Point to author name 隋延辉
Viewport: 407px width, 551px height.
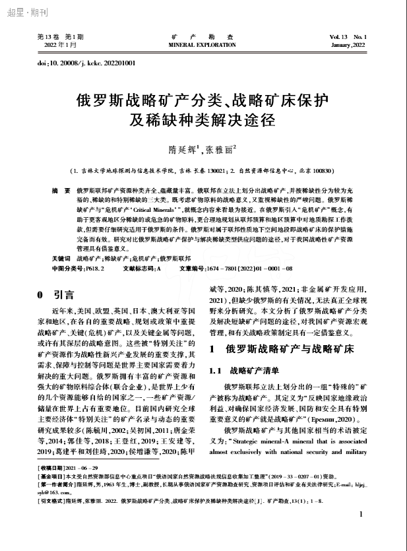179,149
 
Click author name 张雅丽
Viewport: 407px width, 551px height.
220,149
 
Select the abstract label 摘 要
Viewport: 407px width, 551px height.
61,190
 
